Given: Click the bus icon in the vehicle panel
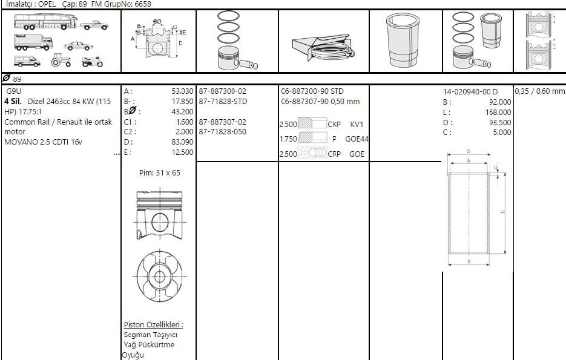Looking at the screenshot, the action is pyautogui.click(x=45, y=22).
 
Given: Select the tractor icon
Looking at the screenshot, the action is pyautogui.click(x=61, y=61).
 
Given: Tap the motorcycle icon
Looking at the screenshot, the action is pyautogui.click(x=93, y=62).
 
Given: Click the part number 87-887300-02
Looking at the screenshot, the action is pyautogui.click(x=222, y=91).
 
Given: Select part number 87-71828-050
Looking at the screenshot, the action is pyautogui.click(x=222, y=132).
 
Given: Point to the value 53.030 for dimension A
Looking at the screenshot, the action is pyautogui.click(x=182, y=91).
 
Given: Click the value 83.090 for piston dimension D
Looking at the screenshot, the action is pyautogui.click(x=182, y=142).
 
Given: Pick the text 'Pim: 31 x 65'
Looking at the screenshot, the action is pyautogui.click(x=160, y=173).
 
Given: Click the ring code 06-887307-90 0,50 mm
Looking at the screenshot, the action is pyautogui.click(x=320, y=102).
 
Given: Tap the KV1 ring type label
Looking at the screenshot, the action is pyautogui.click(x=357, y=125).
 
